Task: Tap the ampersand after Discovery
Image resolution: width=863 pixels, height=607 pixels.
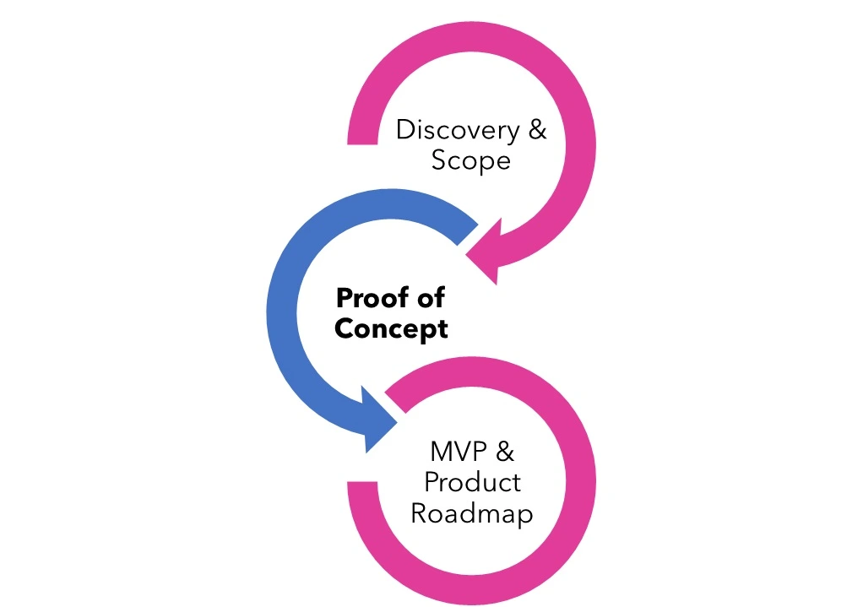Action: [536, 131]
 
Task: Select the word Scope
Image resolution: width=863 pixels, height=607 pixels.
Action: [470, 160]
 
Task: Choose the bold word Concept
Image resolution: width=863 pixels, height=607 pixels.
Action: [391, 328]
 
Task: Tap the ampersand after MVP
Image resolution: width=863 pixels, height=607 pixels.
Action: [503, 452]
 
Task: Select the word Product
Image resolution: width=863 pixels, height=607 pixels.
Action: [472, 483]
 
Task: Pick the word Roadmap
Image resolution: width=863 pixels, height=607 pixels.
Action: [471, 513]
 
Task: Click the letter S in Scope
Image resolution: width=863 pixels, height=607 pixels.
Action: [439, 160]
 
